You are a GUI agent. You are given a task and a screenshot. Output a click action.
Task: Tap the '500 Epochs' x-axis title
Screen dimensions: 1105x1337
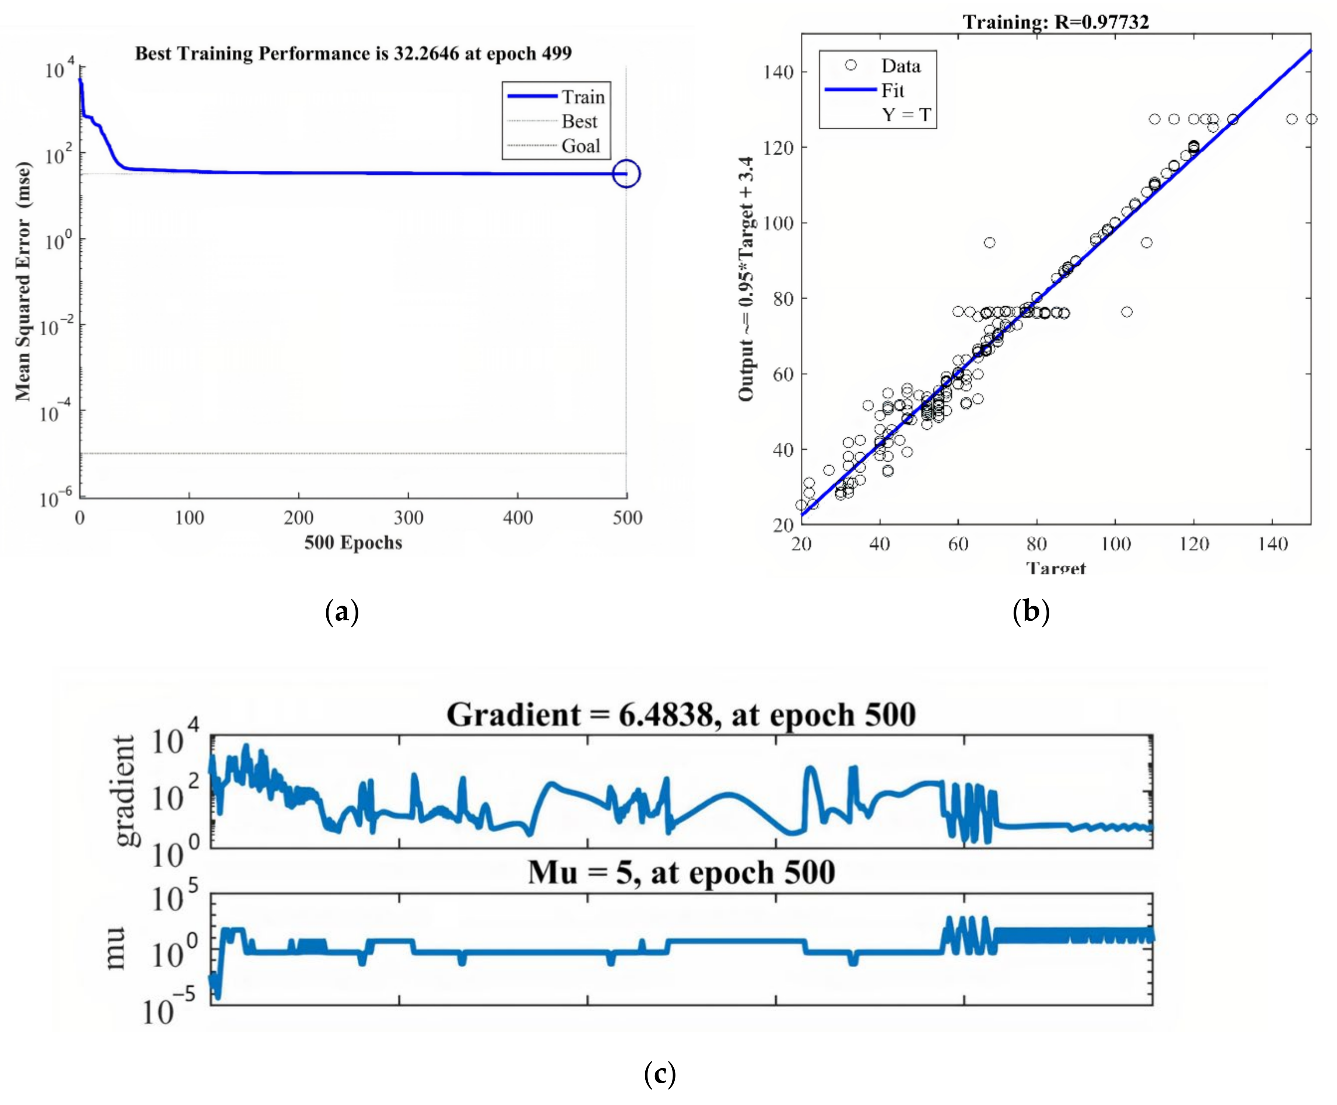353,542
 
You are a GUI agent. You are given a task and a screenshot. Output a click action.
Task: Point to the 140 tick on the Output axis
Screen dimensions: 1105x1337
779,72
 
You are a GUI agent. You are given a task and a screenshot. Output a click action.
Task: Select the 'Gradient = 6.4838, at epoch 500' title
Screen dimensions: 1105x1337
681,715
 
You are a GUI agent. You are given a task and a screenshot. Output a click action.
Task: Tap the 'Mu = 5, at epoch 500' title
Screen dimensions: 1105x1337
681,872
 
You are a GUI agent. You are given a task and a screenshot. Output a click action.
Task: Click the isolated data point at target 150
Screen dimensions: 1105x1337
1311,119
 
